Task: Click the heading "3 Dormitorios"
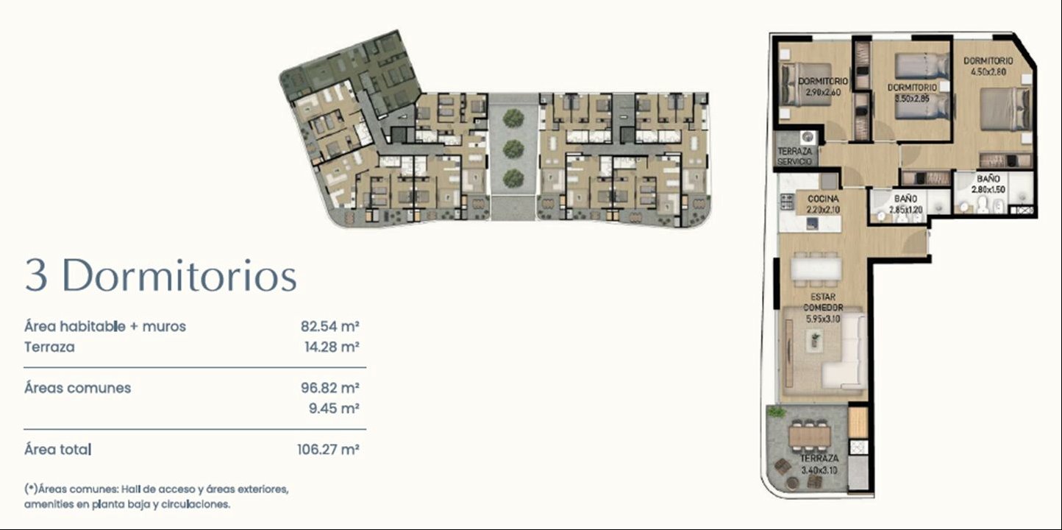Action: [161, 276]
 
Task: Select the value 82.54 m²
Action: [330, 326]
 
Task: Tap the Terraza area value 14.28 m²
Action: [332, 347]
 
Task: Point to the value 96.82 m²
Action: [330, 388]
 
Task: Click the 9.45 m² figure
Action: [334, 408]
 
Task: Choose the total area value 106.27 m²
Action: [328, 449]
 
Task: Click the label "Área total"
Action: [57, 449]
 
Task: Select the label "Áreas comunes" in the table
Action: [77, 388]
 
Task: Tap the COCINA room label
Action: [823, 199]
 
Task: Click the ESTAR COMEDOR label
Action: [823, 303]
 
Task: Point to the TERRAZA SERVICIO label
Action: [794, 156]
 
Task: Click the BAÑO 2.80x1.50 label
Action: [988, 184]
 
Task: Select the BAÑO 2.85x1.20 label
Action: [905, 204]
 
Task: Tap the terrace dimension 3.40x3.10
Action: [819, 470]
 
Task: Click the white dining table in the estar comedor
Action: [816, 269]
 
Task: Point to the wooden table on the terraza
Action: [810, 435]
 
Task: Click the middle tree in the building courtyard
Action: [513, 149]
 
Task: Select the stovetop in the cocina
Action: [786, 202]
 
